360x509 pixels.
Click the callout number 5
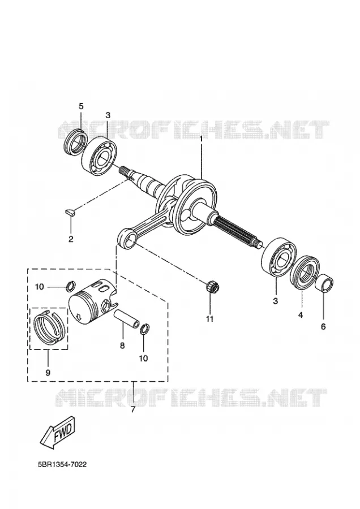pos(81,106)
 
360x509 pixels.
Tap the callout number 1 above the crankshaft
pos(201,139)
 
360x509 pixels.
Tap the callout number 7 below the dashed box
pos(132,409)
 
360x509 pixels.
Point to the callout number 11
pos(209,319)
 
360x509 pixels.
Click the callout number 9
pos(48,373)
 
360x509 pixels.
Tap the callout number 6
pos(323,327)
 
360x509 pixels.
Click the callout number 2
pos(71,240)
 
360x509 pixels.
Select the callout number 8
pos(122,346)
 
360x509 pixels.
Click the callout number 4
pos(301,315)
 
